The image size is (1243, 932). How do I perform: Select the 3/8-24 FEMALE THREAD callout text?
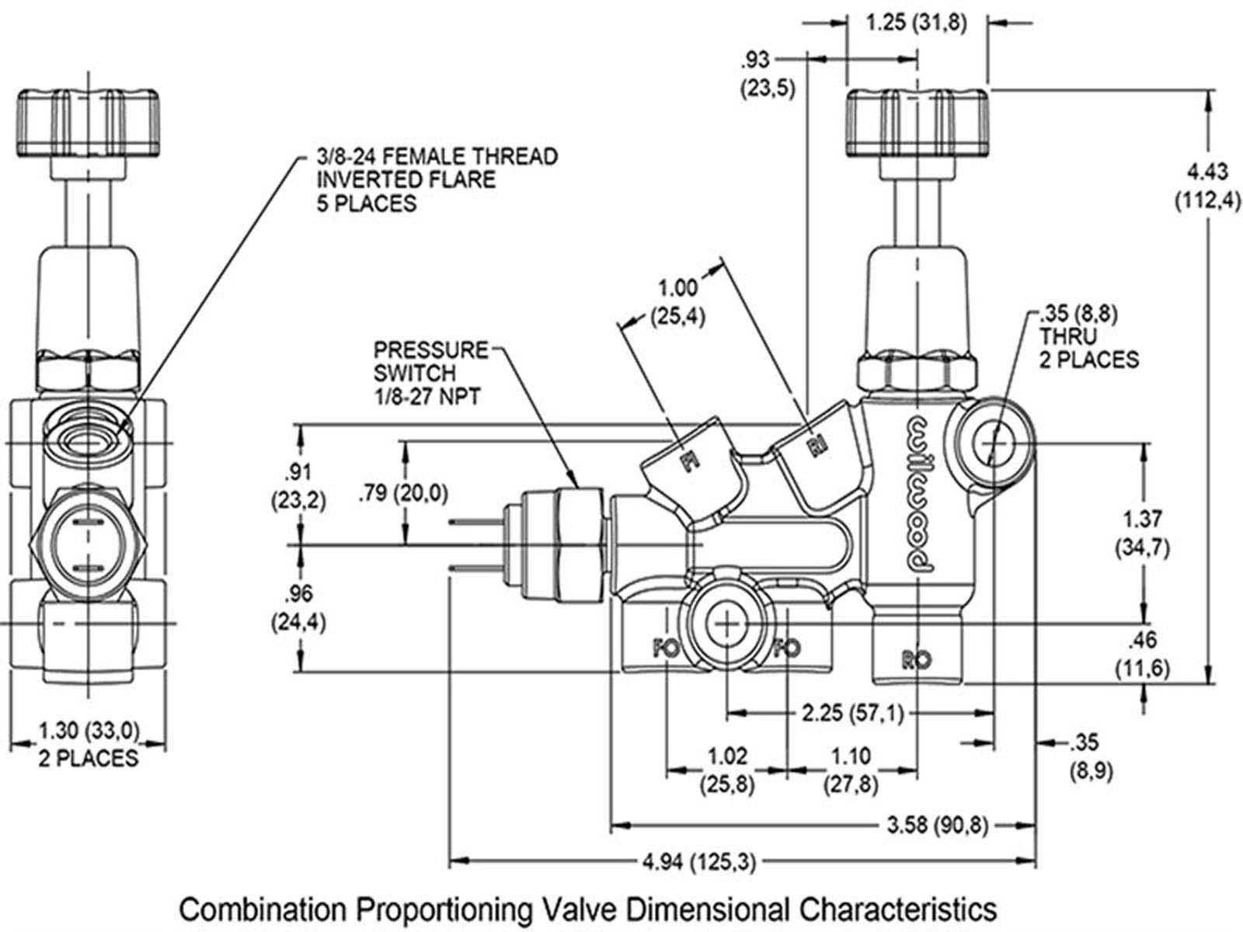click(437, 179)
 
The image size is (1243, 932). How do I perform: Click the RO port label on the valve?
click(917, 660)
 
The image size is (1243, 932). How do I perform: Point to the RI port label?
click(818, 447)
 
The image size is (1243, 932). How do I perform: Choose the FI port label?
click(686, 464)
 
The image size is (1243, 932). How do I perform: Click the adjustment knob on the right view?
click(917, 122)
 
